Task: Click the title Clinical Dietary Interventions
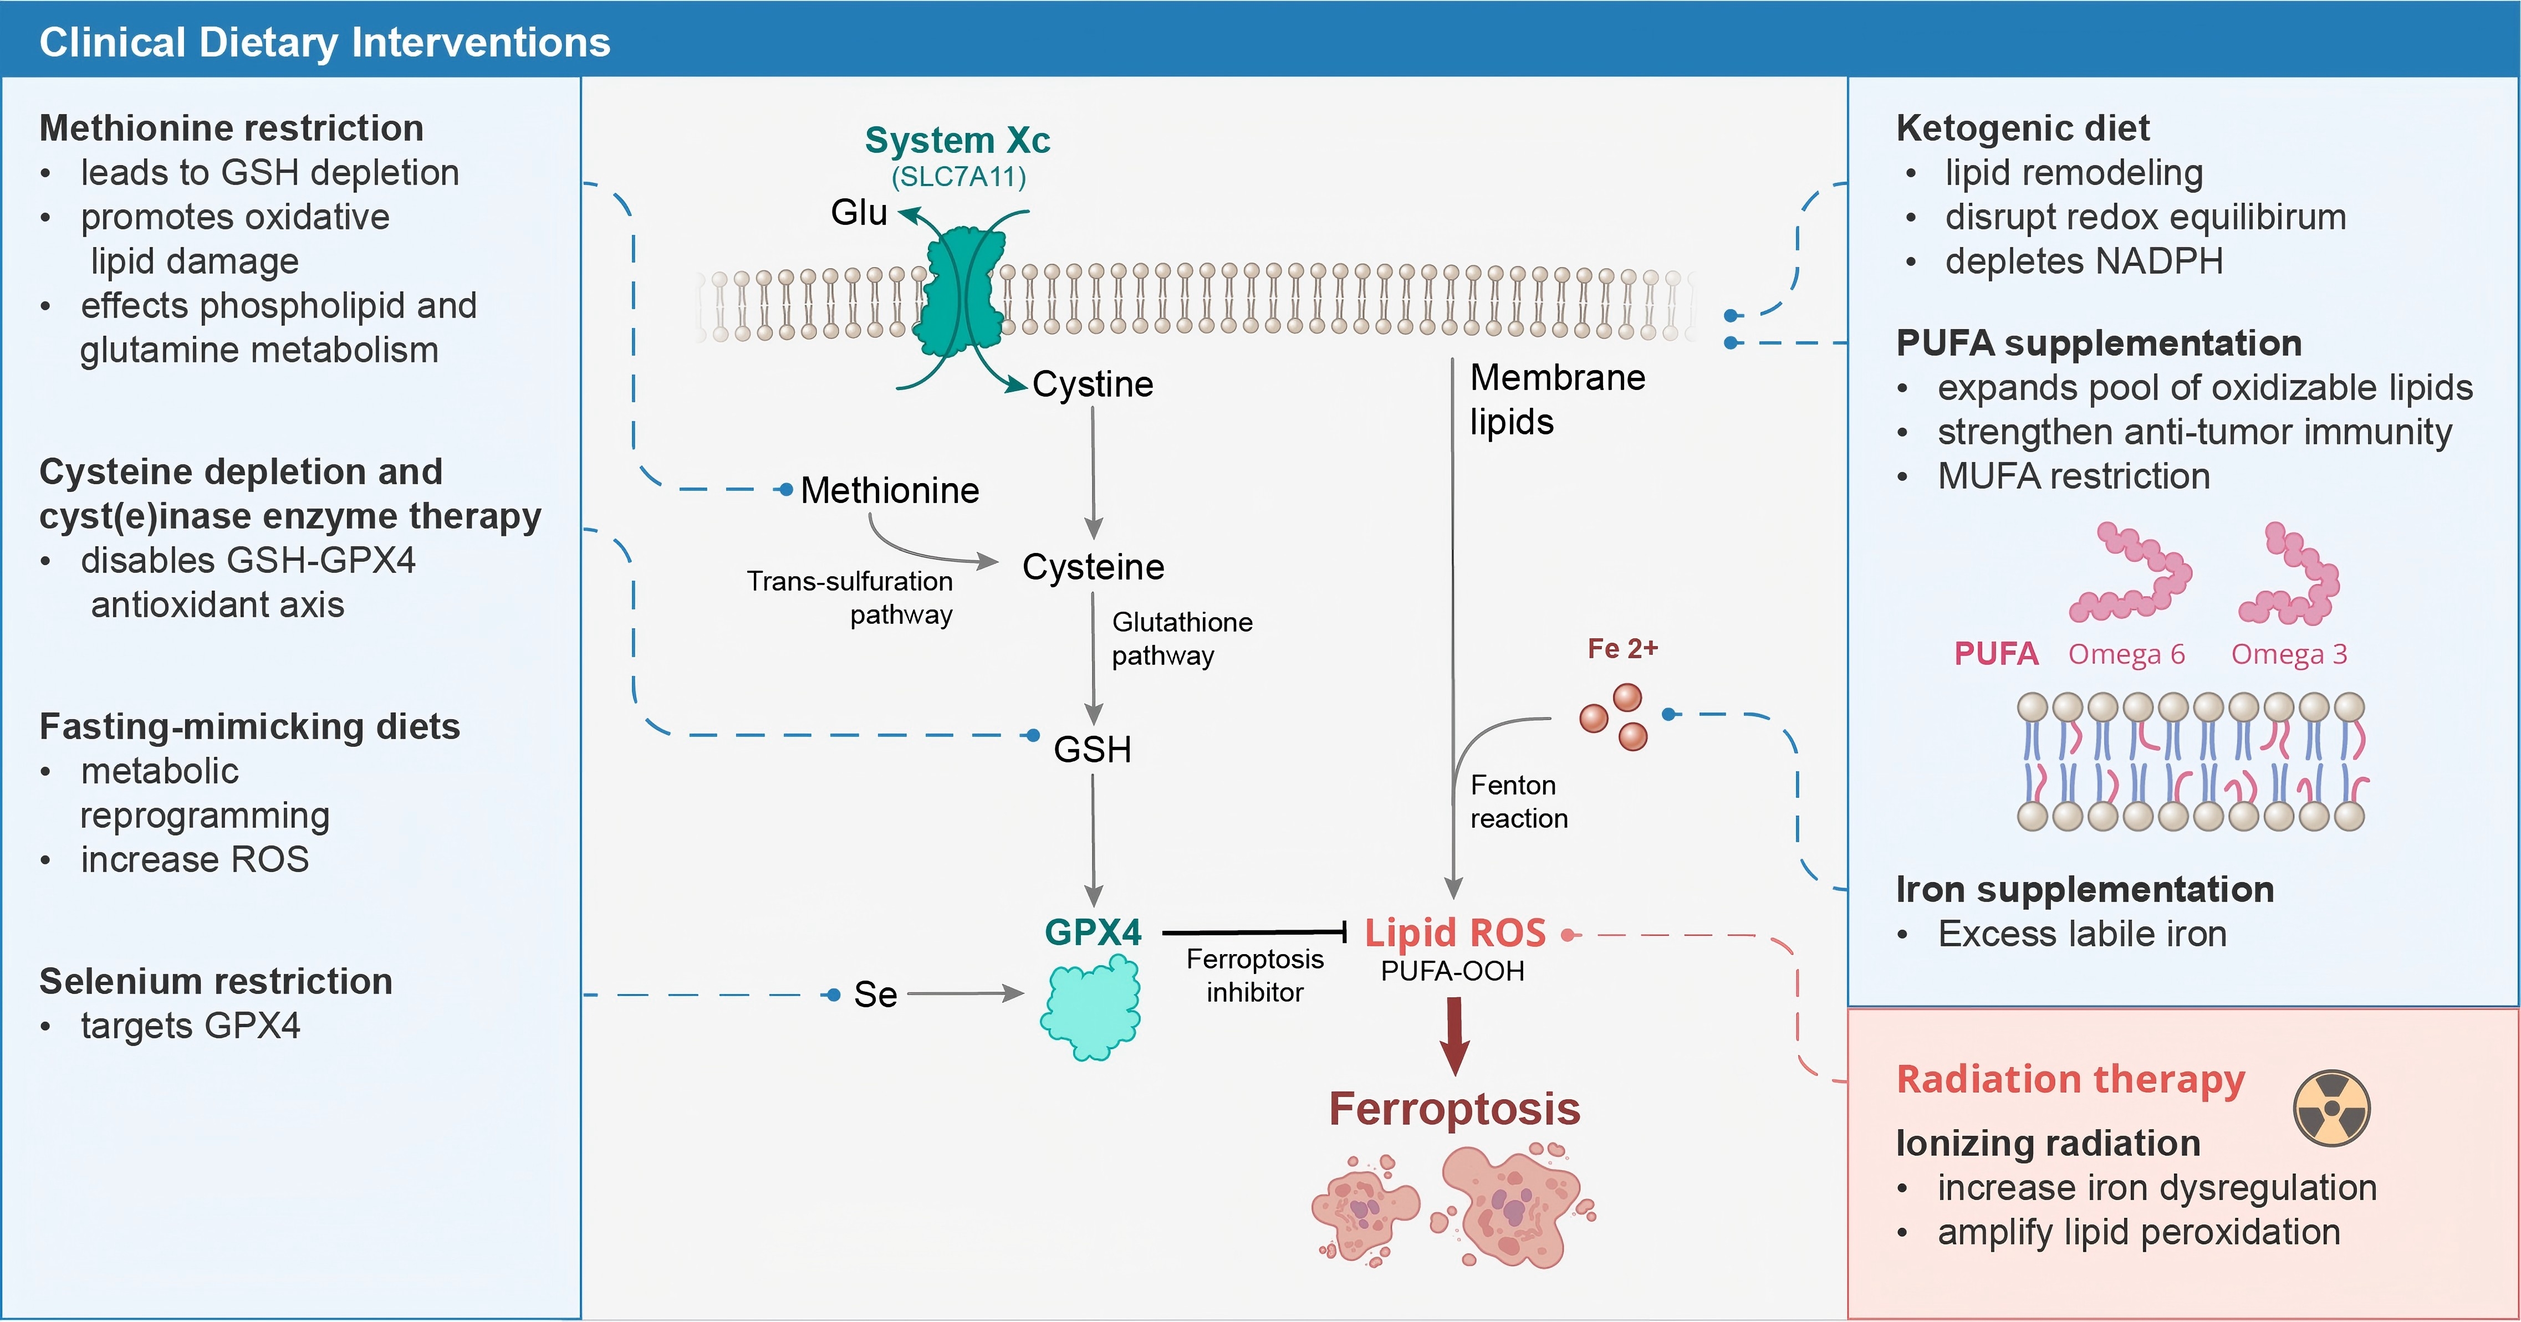(x=325, y=42)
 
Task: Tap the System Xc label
(x=957, y=140)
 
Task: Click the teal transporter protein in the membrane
(x=964, y=291)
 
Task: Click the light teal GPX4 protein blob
(x=1090, y=1008)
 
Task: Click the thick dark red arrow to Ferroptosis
(x=1455, y=1036)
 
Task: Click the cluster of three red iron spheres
(x=1614, y=718)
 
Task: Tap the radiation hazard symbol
(x=2331, y=1108)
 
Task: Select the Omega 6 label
(x=2126, y=654)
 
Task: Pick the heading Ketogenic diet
(x=2022, y=128)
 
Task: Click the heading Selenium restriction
(x=215, y=981)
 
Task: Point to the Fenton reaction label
(x=1519, y=801)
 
